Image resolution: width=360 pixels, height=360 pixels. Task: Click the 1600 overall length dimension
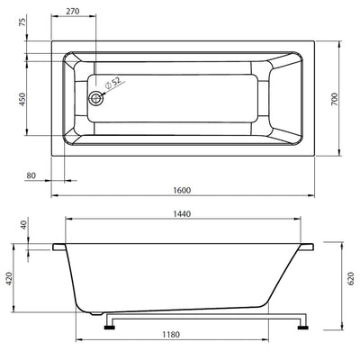tap(182, 190)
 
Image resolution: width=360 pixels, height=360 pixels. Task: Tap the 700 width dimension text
tap(335, 99)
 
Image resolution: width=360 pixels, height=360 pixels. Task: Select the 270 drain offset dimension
tap(73, 12)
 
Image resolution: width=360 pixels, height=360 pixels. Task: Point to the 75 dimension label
tap(22, 22)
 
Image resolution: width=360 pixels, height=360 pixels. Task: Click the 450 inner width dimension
tap(22, 99)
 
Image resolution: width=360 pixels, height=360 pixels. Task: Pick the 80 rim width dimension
tap(31, 175)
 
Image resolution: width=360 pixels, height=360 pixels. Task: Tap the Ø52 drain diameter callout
tap(112, 83)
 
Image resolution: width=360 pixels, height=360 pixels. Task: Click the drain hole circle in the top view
tap(95, 98)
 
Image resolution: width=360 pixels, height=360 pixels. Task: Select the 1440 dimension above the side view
tap(182, 213)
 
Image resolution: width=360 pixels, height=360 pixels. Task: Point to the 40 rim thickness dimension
tap(24, 224)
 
